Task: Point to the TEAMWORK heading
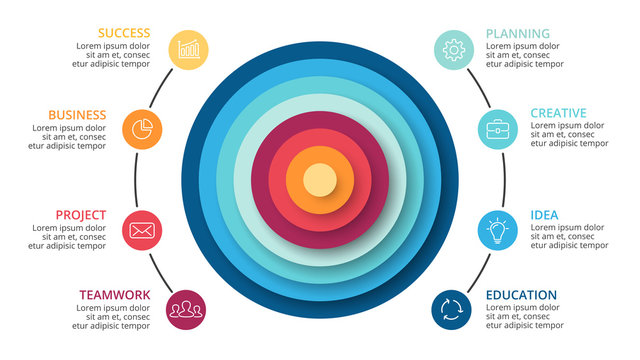[x=115, y=295]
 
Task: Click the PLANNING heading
[x=517, y=33]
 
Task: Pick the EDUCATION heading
[x=521, y=295]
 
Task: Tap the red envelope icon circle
[x=141, y=230]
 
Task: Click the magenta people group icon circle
[x=187, y=307]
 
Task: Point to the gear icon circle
[x=453, y=48]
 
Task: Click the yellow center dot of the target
[x=319, y=181]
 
